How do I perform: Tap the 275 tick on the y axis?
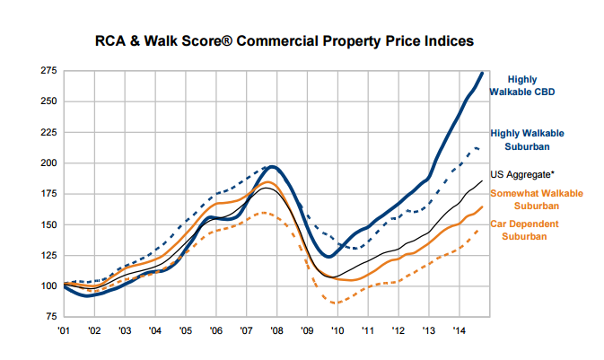(49, 70)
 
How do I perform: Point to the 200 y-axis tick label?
(49, 163)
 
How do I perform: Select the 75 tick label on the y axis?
(51, 317)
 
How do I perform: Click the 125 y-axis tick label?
(49, 256)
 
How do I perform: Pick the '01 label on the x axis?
(64, 330)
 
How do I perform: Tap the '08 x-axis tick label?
(276, 330)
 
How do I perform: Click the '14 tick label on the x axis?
(459, 330)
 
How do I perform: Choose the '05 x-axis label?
(185, 330)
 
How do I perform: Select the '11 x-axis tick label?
(367, 330)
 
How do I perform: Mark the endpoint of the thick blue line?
(484, 73)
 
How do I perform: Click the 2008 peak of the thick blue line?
(272, 167)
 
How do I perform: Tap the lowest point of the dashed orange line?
(336, 303)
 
